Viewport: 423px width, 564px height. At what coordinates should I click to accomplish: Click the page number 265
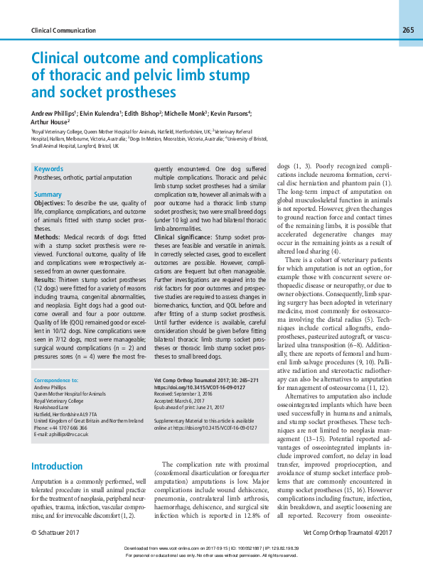pyautogui.click(x=407, y=30)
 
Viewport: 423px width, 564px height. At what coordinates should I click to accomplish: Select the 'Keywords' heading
pyautogui.click(x=48, y=169)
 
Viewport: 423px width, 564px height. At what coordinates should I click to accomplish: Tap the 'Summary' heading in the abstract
pyautogui.click(x=48, y=194)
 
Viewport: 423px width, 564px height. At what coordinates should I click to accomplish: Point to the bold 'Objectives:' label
pyautogui.click(x=50, y=203)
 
